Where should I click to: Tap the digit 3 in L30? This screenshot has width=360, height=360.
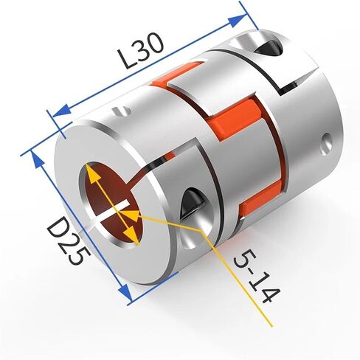143,51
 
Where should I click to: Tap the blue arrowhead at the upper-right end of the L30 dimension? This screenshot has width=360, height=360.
237,21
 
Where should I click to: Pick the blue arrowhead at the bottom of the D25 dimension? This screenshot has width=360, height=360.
125,293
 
